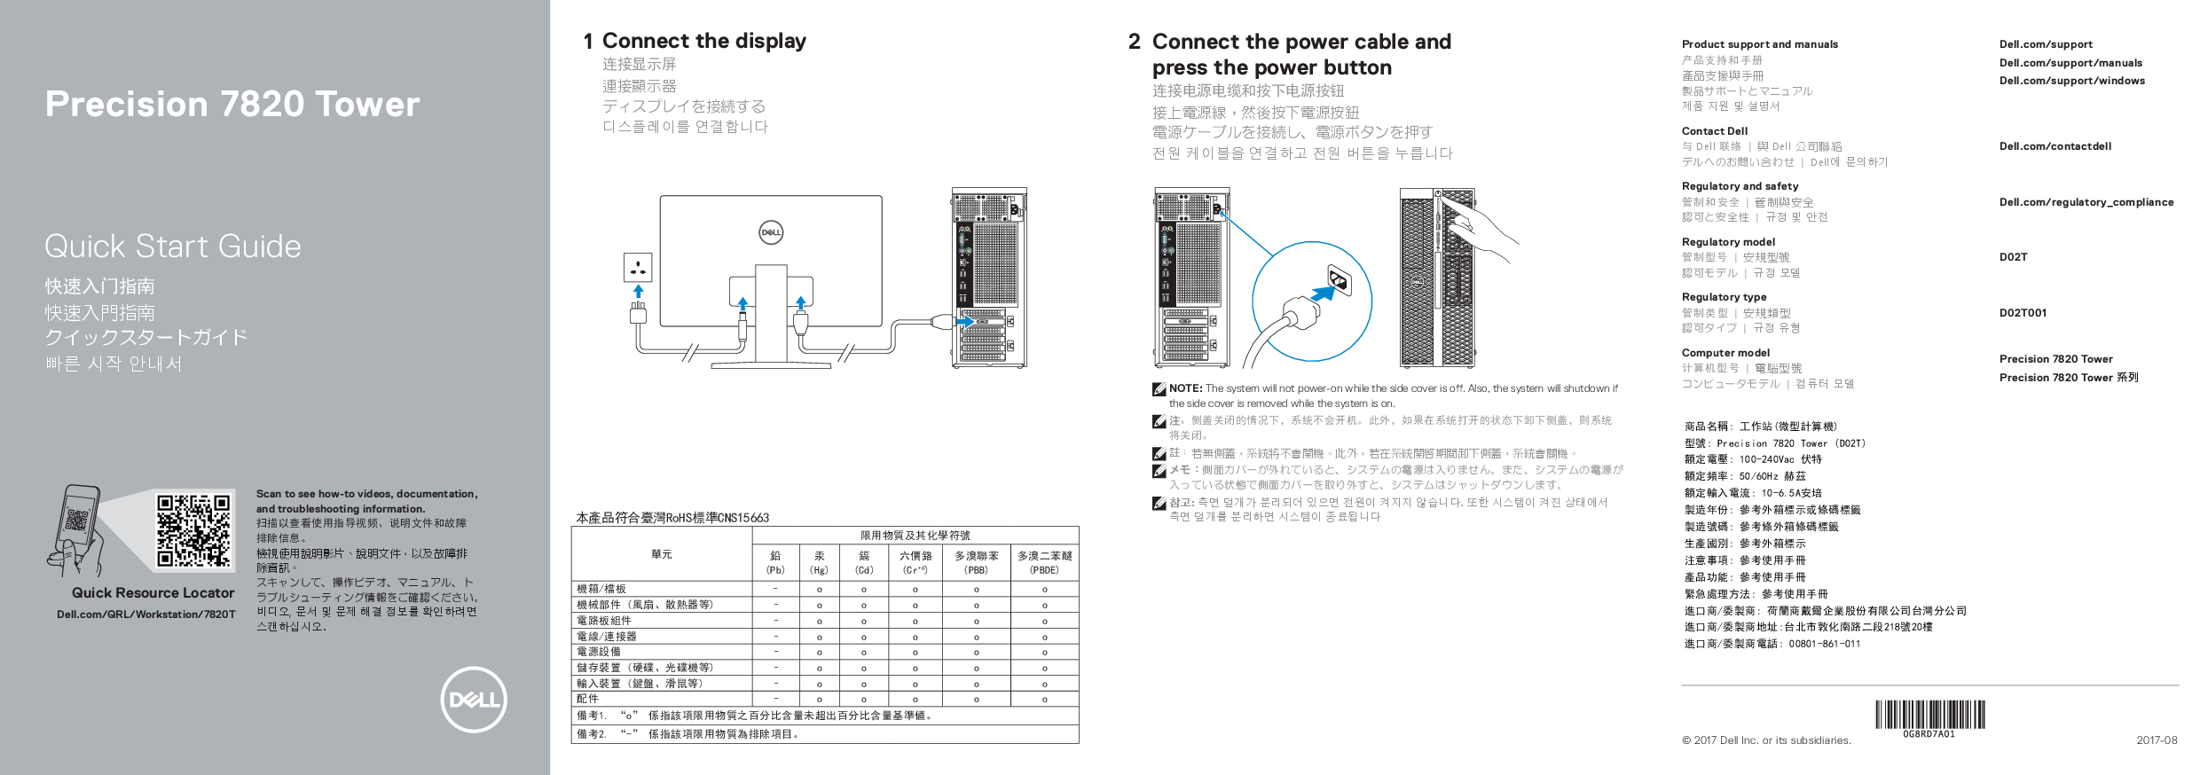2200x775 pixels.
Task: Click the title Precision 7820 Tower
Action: pyautogui.click(x=232, y=104)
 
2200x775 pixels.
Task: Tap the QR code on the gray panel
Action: pyautogui.click(x=193, y=529)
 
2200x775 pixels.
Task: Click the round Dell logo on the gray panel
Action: pyautogui.click(x=474, y=700)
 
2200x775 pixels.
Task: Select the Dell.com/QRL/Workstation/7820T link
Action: pyautogui.click(x=146, y=614)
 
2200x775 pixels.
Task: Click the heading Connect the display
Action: pyautogui.click(x=703, y=41)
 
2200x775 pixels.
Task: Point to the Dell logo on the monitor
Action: pyautogui.click(x=771, y=232)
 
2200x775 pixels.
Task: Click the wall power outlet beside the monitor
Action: pyautogui.click(x=638, y=267)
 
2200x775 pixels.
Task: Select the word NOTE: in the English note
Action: pyautogui.click(x=1185, y=388)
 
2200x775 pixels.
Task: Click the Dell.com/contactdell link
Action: pyautogui.click(x=2055, y=146)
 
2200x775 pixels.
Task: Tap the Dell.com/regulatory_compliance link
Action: pyautogui.click(x=2086, y=202)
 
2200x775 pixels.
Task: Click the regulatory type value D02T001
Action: pyautogui.click(x=2023, y=313)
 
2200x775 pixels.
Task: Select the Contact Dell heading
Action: pyautogui.click(x=1714, y=130)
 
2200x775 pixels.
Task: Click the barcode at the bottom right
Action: pyautogui.click(x=1929, y=714)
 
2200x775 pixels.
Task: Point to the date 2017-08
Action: pyautogui.click(x=2156, y=740)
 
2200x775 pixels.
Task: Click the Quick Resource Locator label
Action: pyautogui.click(x=153, y=592)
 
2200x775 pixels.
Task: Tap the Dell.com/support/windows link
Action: pyautogui.click(x=2071, y=81)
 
